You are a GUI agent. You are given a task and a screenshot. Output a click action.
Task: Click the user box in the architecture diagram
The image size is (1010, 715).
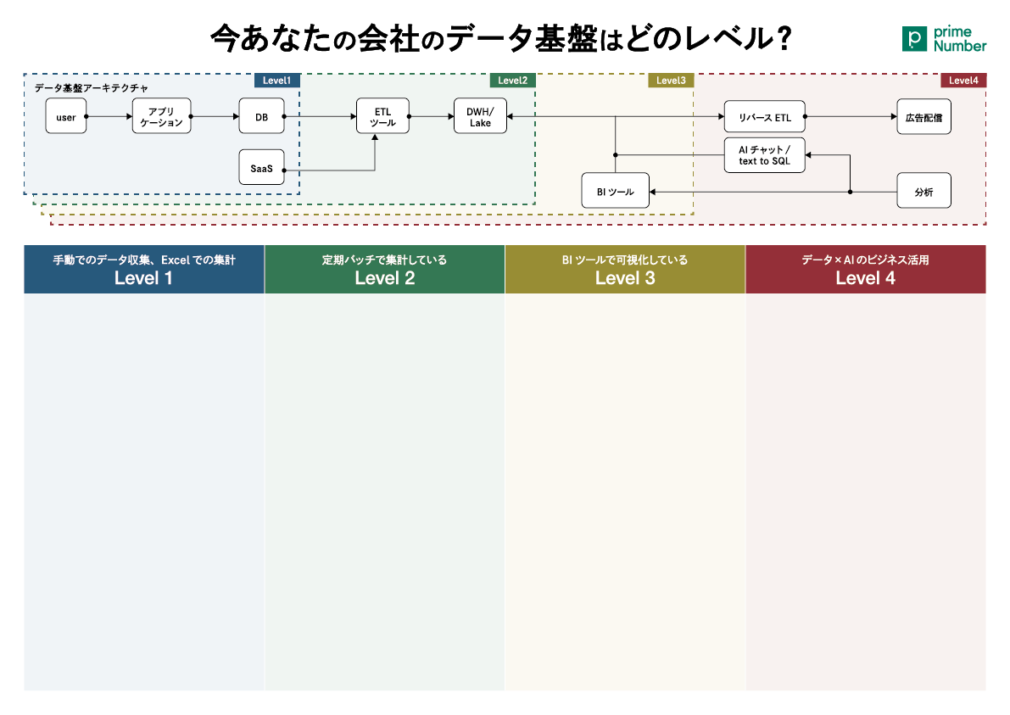click(65, 116)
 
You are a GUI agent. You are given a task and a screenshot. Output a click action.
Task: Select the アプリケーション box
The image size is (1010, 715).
click(162, 116)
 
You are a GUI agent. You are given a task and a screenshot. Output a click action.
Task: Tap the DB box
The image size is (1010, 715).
click(261, 116)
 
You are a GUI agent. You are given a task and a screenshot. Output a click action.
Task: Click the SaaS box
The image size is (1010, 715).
click(261, 167)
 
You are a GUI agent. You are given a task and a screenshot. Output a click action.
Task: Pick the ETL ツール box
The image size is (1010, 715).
click(382, 116)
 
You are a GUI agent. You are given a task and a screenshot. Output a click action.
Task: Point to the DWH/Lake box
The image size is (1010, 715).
click(480, 116)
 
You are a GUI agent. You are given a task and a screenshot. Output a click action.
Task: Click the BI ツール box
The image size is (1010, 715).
click(615, 191)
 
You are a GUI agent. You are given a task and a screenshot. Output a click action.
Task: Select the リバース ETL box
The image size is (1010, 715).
click(765, 117)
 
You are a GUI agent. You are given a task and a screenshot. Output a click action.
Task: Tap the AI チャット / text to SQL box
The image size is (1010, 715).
click(765, 155)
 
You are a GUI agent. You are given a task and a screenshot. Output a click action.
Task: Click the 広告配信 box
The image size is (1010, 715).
click(924, 116)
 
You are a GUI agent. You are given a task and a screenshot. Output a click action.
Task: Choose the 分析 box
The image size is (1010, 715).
click(924, 191)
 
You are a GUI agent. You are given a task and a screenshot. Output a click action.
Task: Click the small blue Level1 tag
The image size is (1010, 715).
click(277, 81)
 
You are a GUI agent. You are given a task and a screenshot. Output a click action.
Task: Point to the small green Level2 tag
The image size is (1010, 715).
click(513, 81)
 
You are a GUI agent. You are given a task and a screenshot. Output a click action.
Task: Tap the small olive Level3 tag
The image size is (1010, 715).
click(671, 81)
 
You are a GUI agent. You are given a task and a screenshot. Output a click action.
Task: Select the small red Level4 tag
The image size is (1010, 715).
click(963, 81)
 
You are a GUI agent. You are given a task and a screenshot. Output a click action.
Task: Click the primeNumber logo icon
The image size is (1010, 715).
click(915, 39)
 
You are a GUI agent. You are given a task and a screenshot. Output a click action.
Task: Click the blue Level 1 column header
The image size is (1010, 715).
click(143, 269)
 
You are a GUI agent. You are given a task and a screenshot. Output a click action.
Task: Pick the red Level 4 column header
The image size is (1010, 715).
click(866, 269)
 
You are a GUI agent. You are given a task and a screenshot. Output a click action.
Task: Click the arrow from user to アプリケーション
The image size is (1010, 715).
click(109, 116)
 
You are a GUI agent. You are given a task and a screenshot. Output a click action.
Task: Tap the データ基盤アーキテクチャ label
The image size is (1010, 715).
click(91, 87)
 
